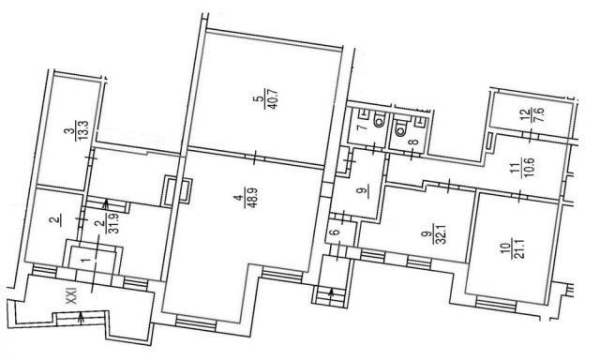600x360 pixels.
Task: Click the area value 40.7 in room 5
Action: point(274,98)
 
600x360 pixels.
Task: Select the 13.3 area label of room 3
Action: point(83,130)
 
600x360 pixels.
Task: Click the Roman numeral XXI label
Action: point(71,296)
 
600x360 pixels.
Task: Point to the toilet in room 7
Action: point(379,121)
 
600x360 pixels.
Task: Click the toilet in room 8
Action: point(400,129)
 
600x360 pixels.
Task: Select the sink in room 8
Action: point(421,121)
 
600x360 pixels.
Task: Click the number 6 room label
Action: point(337,232)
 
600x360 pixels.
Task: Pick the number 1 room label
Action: point(86,260)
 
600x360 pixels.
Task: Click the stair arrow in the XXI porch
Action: point(81,318)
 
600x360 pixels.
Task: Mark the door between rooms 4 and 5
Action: point(255,157)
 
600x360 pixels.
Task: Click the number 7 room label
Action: point(361,127)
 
